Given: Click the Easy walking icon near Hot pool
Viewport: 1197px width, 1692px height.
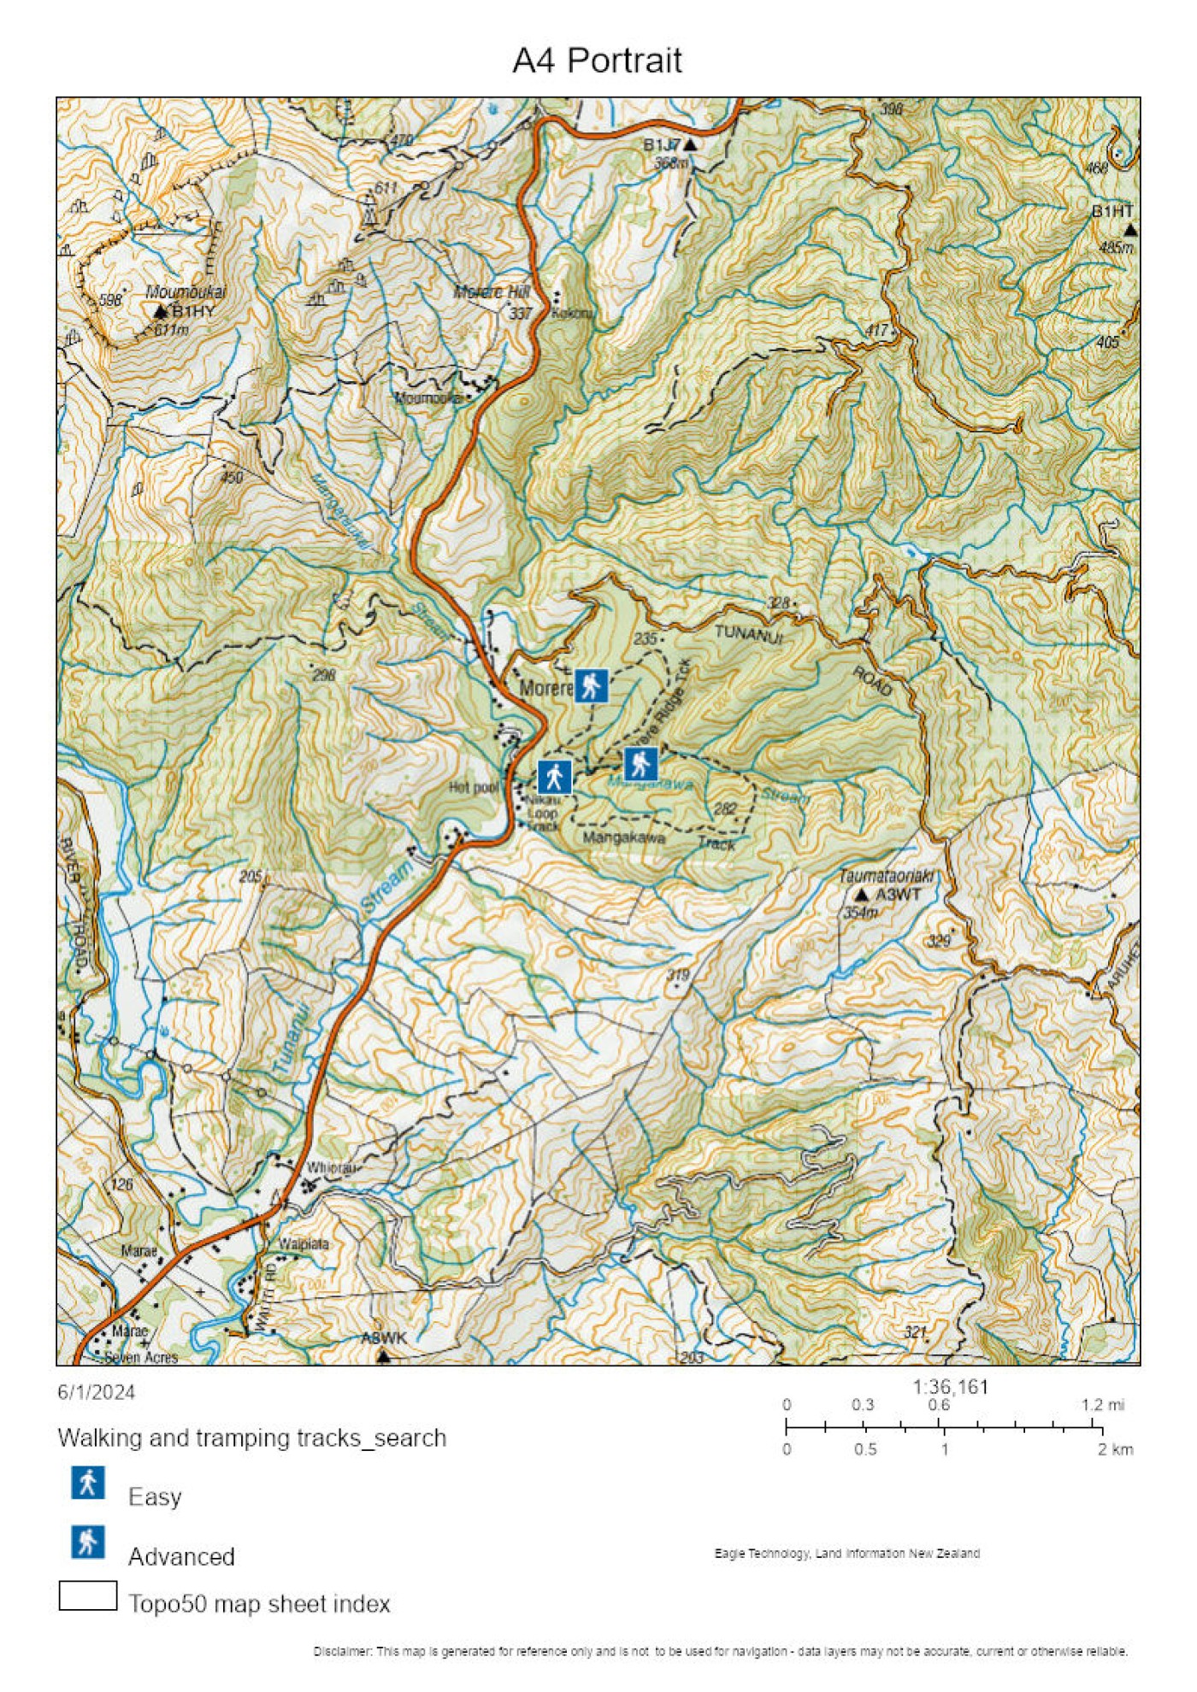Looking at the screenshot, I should coord(554,777).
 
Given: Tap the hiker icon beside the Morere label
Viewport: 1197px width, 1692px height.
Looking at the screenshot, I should coord(591,685).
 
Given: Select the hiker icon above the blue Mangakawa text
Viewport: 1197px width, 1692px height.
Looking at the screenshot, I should coord(640,763).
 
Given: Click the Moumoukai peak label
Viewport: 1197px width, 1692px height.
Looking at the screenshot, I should coord(185,292).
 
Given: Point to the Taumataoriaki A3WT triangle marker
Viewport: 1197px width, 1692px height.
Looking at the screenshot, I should coord(862,895).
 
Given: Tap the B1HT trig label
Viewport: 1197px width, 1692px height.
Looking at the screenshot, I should coord(1111,211).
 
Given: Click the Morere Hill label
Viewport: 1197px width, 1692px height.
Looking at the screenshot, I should coord(491,292).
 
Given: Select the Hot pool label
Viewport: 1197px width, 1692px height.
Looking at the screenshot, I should coord(473,787).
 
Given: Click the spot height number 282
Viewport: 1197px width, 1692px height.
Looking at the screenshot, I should coord(724,808).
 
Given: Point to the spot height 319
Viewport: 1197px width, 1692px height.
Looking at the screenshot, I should coord(677,974).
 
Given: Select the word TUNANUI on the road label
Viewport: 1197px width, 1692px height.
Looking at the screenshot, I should coord(748,633).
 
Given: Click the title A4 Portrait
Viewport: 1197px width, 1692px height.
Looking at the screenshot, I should coord(597,61).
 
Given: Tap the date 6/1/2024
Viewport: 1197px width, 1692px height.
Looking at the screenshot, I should coord(96,1392).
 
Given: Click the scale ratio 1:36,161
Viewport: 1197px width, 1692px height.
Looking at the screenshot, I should coord(949,1386).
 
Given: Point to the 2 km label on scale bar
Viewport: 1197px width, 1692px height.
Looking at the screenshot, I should coord(1115,1449).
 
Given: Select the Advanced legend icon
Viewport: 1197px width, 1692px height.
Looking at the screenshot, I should coord(88,1542).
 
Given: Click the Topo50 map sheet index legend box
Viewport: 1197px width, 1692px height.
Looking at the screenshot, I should coord(88,1595).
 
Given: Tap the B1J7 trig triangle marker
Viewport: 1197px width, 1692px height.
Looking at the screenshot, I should coord(690,145).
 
